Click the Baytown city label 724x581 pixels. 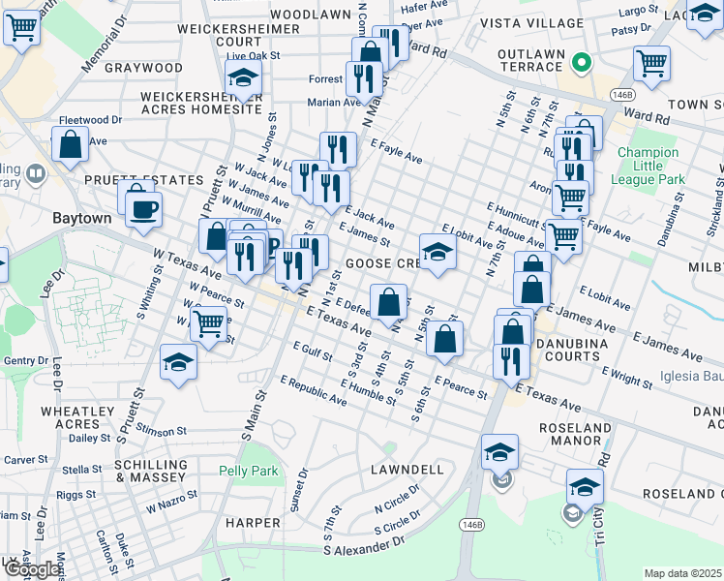coord(81,219)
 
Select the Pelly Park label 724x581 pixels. coord(250,472)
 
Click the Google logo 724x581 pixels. coord(31,570)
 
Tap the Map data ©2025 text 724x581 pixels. coord(682,573)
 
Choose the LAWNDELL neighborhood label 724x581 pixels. coord(407,470)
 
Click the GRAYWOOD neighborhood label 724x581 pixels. coord(142,68)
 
